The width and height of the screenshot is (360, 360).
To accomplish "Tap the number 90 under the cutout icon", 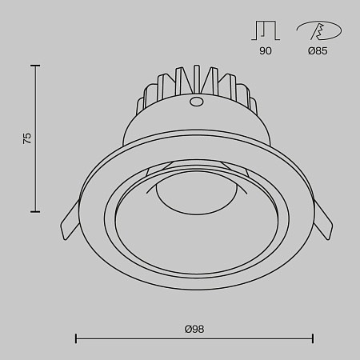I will coord(266,51).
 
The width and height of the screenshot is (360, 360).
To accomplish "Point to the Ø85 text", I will coord(318,51).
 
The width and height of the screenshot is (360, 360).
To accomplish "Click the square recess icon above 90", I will coord(266,30).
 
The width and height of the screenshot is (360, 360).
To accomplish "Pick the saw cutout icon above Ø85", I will coord(318,30).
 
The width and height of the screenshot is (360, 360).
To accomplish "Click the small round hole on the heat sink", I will coord(194,102).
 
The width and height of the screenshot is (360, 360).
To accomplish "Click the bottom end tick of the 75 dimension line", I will coord(36,212).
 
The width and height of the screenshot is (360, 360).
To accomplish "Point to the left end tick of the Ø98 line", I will coord(76,339).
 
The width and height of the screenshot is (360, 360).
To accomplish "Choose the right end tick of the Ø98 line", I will coord(313,339).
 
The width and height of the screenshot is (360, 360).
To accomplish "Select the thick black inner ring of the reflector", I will coord(120,240).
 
